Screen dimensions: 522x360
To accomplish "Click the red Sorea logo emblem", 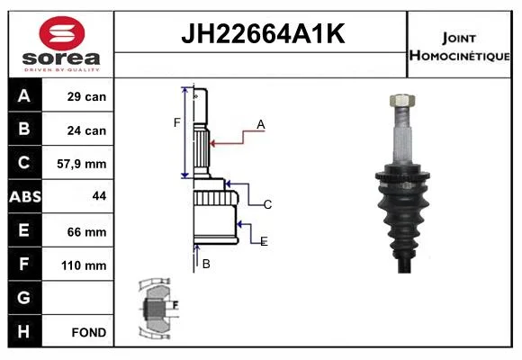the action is (62, 33).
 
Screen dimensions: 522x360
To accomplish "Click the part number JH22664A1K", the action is (263, 33).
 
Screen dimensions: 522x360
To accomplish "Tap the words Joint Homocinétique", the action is (459, 47).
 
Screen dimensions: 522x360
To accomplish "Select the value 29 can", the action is (86, 96).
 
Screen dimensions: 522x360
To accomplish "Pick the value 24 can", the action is (86, 130).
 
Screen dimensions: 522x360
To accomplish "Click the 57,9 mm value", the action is (82, 164).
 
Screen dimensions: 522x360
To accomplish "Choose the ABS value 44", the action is (100, 196).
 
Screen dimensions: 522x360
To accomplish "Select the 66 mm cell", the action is (86, 232).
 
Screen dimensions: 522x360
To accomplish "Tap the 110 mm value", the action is (84, 265).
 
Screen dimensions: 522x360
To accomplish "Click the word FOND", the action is (89, 332).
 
